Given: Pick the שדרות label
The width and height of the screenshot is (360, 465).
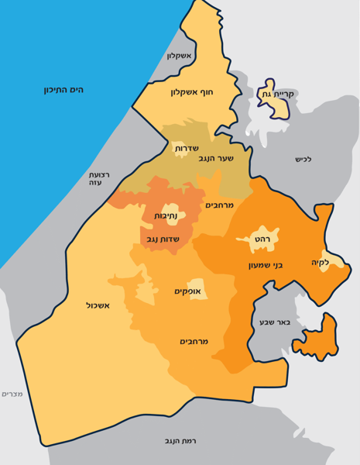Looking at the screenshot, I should (187, 147).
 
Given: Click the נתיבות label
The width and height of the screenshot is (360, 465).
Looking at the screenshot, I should (166, 215).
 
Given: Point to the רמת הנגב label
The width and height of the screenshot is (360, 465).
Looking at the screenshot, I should (180, 440).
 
